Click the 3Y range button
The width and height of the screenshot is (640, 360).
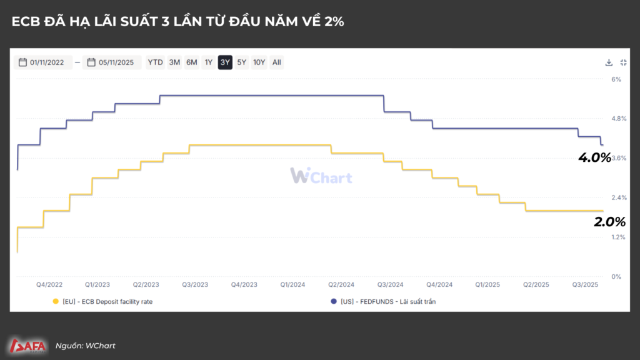tap(225, 62)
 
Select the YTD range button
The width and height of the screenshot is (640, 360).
tap(155, 62)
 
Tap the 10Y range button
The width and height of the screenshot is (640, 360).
tap(259, 62)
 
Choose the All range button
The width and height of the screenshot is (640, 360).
tap(277, 62)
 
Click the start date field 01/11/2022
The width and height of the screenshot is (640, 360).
tap(42, 62)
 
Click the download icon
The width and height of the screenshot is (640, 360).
tap(609, 62)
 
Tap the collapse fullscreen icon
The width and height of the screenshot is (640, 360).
tap(623, 62)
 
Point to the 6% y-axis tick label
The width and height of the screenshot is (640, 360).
tap(616, 79)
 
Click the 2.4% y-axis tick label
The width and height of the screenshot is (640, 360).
tap(619, 197)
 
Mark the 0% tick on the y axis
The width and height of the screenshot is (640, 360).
tap(616, 276)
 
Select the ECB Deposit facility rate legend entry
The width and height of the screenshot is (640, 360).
tap(103, 301)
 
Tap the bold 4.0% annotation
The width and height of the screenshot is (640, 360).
tap(594, 157)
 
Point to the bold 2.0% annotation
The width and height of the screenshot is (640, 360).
tap(609, 221)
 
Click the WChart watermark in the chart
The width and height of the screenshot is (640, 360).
tap(321, 176)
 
